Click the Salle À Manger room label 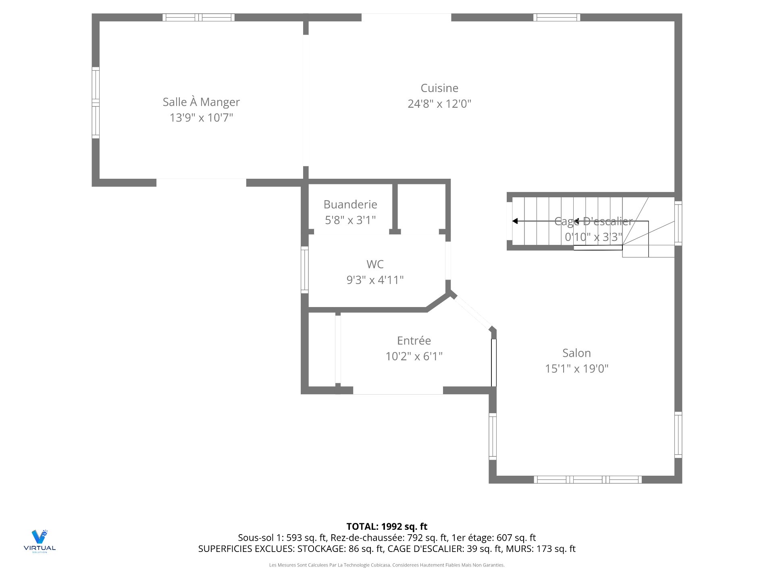[201, 102]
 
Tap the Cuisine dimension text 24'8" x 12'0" [439, 104]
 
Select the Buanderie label [350, 205]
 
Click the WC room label [375, 264]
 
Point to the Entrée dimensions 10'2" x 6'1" [414, 356]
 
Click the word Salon [576, 353]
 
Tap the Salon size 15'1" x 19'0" [576, 368]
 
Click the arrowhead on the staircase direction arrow [515, 221]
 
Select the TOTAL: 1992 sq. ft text [387, 527]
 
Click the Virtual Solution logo [40, 541]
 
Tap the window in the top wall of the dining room [198, 17]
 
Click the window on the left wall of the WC [305, 270]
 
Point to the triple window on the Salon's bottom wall [588, 479]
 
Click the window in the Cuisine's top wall [556, 17]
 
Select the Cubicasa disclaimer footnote [387, 565]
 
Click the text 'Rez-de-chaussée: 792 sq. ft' [389, 538]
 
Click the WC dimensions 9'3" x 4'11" [375, 280]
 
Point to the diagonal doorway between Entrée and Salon [473, 312]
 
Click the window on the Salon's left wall [493, 437]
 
